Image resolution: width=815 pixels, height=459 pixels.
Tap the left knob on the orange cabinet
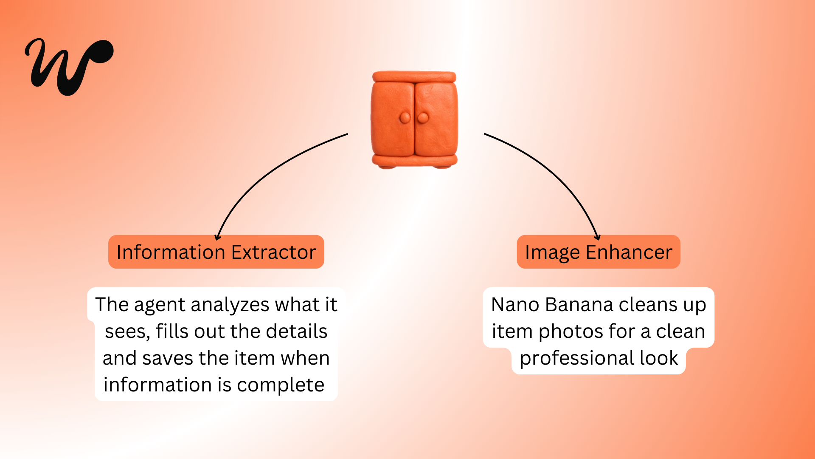coord(405,118)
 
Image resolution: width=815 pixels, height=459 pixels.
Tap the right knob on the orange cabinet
coord(423,118)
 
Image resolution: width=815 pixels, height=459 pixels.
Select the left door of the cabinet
coord(393,119)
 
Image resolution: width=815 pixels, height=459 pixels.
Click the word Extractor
coord(274,252)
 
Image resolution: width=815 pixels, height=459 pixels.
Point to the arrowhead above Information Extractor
coord(217,237)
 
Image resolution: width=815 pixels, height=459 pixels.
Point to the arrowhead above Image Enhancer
coord(597,237)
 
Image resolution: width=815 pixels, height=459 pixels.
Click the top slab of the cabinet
coord(414,77)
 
